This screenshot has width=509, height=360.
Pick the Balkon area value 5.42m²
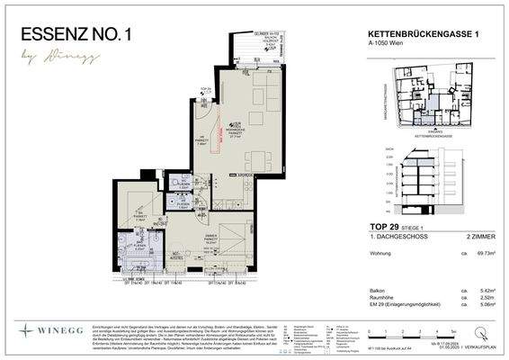489,291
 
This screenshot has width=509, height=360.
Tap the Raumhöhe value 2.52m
490,298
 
